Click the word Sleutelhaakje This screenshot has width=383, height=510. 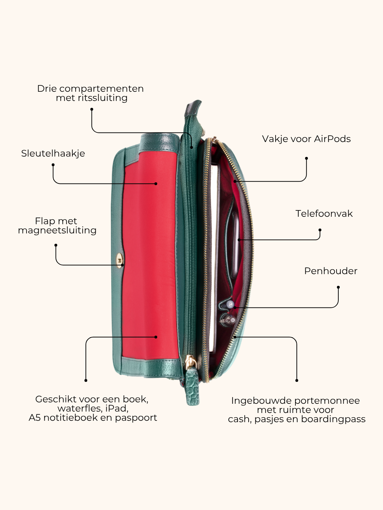coord(53,154)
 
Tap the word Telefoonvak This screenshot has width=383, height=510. coord(324,214)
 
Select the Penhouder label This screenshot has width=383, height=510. coord(331,271)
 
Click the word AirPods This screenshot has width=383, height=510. coord(332,139)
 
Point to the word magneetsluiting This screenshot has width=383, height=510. coord(57,231)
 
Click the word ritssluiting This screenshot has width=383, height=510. coord(103,98)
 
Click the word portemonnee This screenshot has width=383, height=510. coord(327,401)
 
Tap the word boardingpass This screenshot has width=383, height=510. coord(333,419)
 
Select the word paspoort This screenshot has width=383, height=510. coord(136,418)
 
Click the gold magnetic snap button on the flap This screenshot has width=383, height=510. coord(120,260)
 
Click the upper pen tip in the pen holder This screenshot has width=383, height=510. coord(230,304)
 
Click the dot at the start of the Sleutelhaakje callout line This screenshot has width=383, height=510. coord(53,165)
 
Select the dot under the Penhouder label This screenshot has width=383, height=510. coord(338,288)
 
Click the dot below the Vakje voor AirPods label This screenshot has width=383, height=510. coord(306,158)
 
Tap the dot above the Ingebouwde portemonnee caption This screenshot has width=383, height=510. coord(297,381)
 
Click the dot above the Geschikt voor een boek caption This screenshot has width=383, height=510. coord(86,381)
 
